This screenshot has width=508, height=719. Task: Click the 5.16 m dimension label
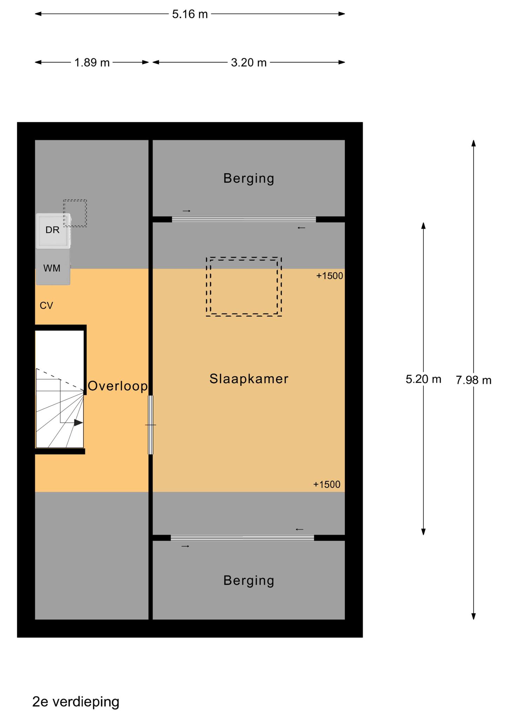tap(190, 14)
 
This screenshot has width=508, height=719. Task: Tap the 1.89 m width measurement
tap(92, 62)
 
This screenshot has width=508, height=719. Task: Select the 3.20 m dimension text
tap(249, 62)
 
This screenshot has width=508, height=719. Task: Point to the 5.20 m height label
tap(423, 379)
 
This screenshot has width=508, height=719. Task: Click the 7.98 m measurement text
tap(474, 380)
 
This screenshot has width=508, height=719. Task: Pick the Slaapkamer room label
tap(249, 378)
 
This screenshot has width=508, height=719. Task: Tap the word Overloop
tap(118, 386)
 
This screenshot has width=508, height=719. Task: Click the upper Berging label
tap(249, 178)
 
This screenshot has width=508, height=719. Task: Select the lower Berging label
tap(249, 580)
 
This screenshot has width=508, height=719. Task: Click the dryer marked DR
tap(53, 231)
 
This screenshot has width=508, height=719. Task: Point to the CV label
tap(46, 306)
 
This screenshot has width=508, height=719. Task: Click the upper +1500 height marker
tap(329, 276)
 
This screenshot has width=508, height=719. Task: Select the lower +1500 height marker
tap(327, 484)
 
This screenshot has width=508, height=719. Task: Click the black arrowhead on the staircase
tap(78, 423)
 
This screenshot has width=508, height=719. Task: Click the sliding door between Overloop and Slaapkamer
tap(151, 425)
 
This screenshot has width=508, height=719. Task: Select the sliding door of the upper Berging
tap(244, 219)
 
